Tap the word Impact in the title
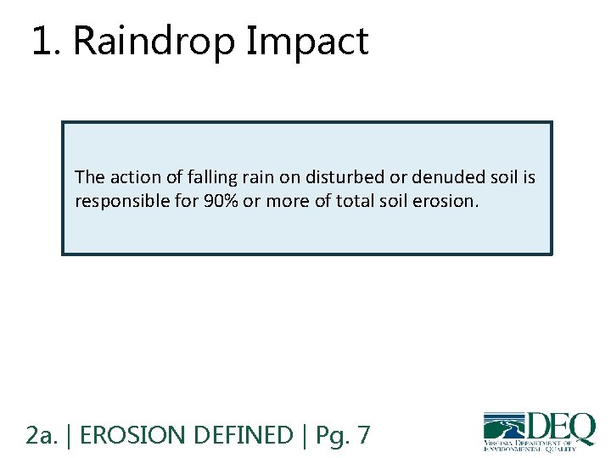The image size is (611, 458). point(307,42)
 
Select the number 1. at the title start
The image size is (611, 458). point(48,42)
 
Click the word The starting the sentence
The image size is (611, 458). point(88,177)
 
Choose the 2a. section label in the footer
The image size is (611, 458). point(42,435)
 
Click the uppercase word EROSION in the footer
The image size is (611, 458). point(135,435)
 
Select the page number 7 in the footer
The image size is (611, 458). point(363,435)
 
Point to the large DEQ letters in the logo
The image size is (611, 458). point(560,427)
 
